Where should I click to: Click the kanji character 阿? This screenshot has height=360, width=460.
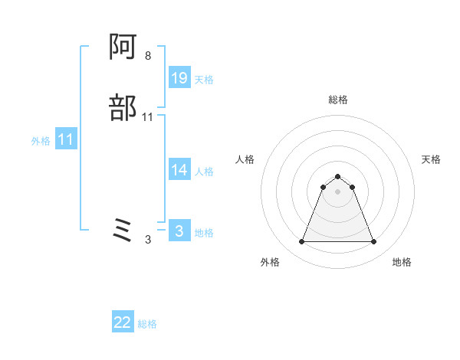[x=124, y=49]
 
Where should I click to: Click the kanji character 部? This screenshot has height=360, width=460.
[x=124, y=108]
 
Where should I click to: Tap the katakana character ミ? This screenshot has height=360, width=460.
[x=123, y=230]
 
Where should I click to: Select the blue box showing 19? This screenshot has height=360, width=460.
[x=179, y=78]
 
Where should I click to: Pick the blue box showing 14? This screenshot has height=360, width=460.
[x=179, y=171]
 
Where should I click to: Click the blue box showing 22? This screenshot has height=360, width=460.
[x=123, y=322]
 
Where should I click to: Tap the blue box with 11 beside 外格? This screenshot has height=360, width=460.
[x=66, y=140]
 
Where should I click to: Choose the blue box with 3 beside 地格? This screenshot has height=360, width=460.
[x=179, y=231]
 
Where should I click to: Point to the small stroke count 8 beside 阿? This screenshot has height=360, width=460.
[x=147, y=56]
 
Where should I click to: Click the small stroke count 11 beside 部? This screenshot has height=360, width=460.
[x=148, y=117]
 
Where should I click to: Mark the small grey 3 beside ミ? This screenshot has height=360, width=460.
[x=148, y=240]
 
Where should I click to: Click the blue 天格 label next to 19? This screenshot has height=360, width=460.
[x=204, y=80]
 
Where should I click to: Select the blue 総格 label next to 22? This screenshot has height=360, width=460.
[x=147, y=324]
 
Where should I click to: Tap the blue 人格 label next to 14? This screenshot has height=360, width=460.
[x=204, y=172]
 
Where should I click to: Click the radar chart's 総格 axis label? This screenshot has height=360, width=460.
[x=337, y=100]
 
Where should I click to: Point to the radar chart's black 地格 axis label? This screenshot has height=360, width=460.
[x=402, y=262]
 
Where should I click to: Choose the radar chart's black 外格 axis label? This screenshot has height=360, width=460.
[x=270, y=262]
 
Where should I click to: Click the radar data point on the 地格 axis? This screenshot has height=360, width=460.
[x=373, y=242]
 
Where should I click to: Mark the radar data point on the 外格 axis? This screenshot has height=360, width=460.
[x=301, y=242]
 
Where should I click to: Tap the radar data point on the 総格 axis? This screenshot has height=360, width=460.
[x=337, y=175]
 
